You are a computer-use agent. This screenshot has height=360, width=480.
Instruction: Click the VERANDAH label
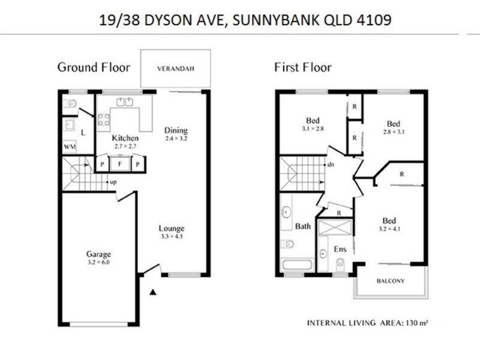coord(175,69)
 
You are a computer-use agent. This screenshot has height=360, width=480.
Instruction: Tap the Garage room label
coord(98,254)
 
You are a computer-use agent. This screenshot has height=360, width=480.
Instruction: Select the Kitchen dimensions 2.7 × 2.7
coord(126,146)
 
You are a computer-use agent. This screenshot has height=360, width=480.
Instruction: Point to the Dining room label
coord(176,130)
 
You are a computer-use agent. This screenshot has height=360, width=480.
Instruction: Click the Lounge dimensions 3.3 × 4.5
coord(171,236)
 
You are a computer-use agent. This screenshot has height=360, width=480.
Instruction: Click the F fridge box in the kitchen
coord(121,163)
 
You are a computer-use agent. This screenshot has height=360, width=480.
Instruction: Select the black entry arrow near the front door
coord(153,292)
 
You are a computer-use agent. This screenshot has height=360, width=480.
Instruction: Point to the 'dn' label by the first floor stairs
coord(330,164)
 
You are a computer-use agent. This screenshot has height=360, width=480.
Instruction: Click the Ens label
coord(340,249)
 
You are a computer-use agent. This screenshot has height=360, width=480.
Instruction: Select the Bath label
coord(303,226)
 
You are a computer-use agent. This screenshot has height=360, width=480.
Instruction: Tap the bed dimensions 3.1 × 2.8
coord(313,128)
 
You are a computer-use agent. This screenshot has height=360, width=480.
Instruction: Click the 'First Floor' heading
coord(302,67)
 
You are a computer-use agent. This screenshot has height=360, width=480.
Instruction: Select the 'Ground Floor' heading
coord(93,67)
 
